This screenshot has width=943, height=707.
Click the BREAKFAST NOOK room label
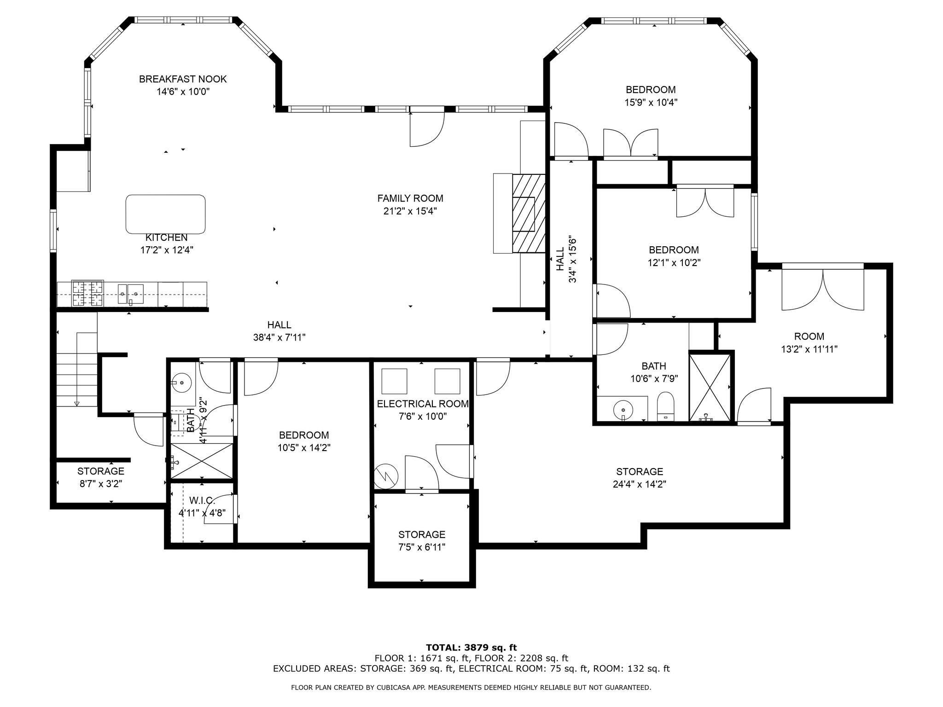(x=183, y=79)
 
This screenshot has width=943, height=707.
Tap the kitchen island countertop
(x=166, y=214)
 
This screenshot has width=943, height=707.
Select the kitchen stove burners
(x=87, y=293)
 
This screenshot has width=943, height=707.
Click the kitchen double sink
(x=130, y=294)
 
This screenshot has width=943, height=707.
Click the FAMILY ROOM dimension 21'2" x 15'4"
(x=410, y=211)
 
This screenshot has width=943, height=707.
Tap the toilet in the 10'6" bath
(x=665, y=406)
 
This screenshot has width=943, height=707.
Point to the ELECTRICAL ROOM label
(x=423, y=404)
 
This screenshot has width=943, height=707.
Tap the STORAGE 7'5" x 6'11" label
(x=422, y=535)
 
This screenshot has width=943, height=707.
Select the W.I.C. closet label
(x=202, y=500)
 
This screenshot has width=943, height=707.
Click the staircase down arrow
(x=77, y=403)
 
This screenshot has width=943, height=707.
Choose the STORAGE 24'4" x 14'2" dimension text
(x=640, y=484)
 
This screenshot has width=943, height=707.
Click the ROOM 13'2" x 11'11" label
(x=809, y=336)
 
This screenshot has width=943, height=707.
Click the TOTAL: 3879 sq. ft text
(x=471, y=648)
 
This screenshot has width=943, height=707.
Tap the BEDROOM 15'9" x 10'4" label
(x=651, y=90)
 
